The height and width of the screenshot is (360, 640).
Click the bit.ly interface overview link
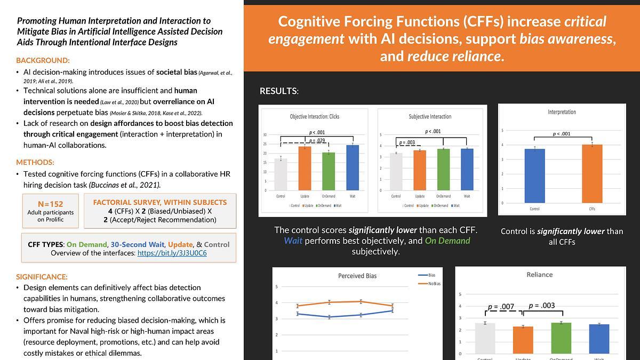coord(172,253)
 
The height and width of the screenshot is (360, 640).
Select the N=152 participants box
coord(51,211)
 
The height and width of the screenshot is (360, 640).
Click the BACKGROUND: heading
coord(43,60)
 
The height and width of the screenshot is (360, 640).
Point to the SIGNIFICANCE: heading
coord(42,277)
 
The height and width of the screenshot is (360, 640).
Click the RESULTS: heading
coord(278,91)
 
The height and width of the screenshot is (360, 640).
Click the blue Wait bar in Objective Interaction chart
coord(353,167)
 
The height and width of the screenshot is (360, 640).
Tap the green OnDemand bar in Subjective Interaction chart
coord(443,170)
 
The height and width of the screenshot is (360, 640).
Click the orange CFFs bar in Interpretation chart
coord(592,173)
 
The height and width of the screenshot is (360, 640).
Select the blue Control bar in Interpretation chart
coord(534,175)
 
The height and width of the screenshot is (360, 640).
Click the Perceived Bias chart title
coord(357,276)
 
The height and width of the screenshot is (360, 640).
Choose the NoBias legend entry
coord(434,284)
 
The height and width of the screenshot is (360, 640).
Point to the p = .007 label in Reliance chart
coord(501,307)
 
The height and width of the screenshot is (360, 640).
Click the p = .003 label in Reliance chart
coord(541,306)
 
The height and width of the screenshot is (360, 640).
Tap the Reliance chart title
coord(539,275)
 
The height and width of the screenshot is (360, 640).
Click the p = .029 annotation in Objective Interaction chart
coord(317,140)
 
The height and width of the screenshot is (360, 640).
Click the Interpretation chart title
coord(562,112)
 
